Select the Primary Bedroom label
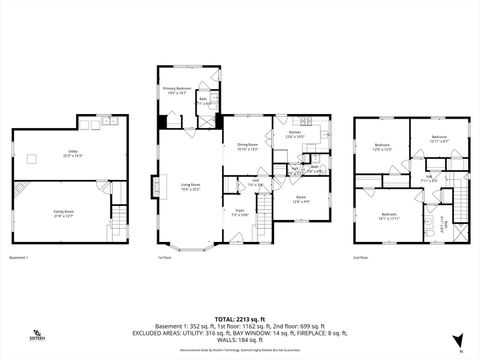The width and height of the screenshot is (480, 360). click(176, 90)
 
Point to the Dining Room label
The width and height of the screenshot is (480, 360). click(247, 146)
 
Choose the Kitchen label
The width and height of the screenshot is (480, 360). click(295, 134)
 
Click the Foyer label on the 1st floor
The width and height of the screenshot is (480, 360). click(239, 213)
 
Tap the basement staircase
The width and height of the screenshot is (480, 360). click(118, 215)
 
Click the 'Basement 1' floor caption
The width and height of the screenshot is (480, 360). click(20, 257)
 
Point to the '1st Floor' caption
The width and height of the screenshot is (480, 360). click(165, 257)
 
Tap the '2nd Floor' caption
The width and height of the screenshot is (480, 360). click(360, 257)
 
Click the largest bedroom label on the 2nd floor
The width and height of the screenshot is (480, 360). click(387, 215)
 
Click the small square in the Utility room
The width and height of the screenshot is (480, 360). click(101, 125)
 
